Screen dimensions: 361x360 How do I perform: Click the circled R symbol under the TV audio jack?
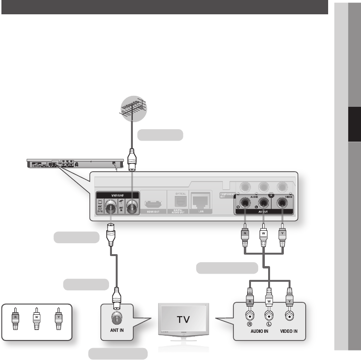point(250,324)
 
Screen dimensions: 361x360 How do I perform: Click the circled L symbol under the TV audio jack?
point(269,324)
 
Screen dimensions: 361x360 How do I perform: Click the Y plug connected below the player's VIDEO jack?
point(282,236)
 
